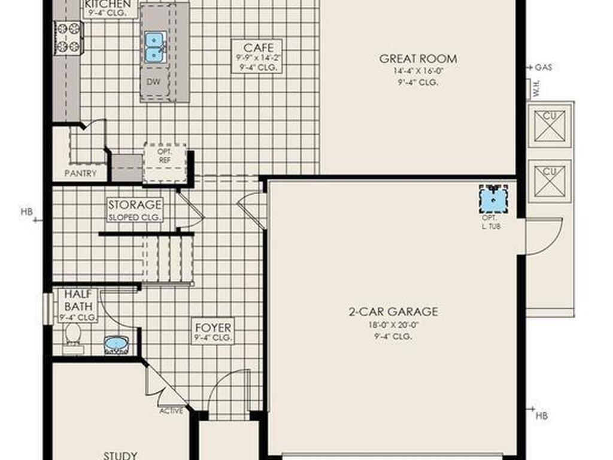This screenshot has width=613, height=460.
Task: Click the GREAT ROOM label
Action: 418,59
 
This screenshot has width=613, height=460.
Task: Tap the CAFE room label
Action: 257,47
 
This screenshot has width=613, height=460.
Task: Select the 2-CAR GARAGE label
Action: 393,311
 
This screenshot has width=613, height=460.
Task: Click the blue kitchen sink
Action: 155,47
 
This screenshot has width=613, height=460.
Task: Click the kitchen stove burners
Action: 68,37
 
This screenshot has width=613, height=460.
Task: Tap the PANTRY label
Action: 80,174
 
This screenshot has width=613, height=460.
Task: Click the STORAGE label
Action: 135,205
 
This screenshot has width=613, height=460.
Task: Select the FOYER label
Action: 213,328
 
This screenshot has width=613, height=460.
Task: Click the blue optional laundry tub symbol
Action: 493,199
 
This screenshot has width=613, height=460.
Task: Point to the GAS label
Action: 543,67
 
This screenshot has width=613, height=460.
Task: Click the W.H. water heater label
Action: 537,89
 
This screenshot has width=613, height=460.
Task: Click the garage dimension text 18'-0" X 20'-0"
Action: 393,326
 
